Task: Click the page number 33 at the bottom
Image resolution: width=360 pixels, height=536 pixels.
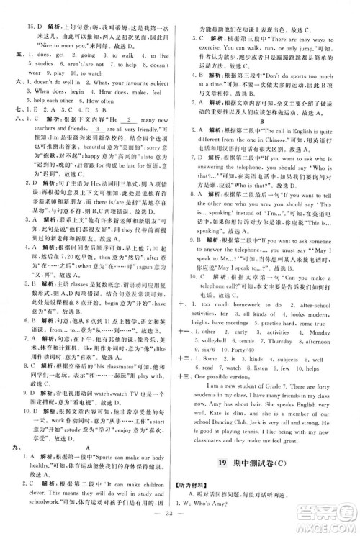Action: pyautogui.click(x=180, y=517)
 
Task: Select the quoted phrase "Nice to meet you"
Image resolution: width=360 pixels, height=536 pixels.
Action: pyautogui.click(x=62, y=44)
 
